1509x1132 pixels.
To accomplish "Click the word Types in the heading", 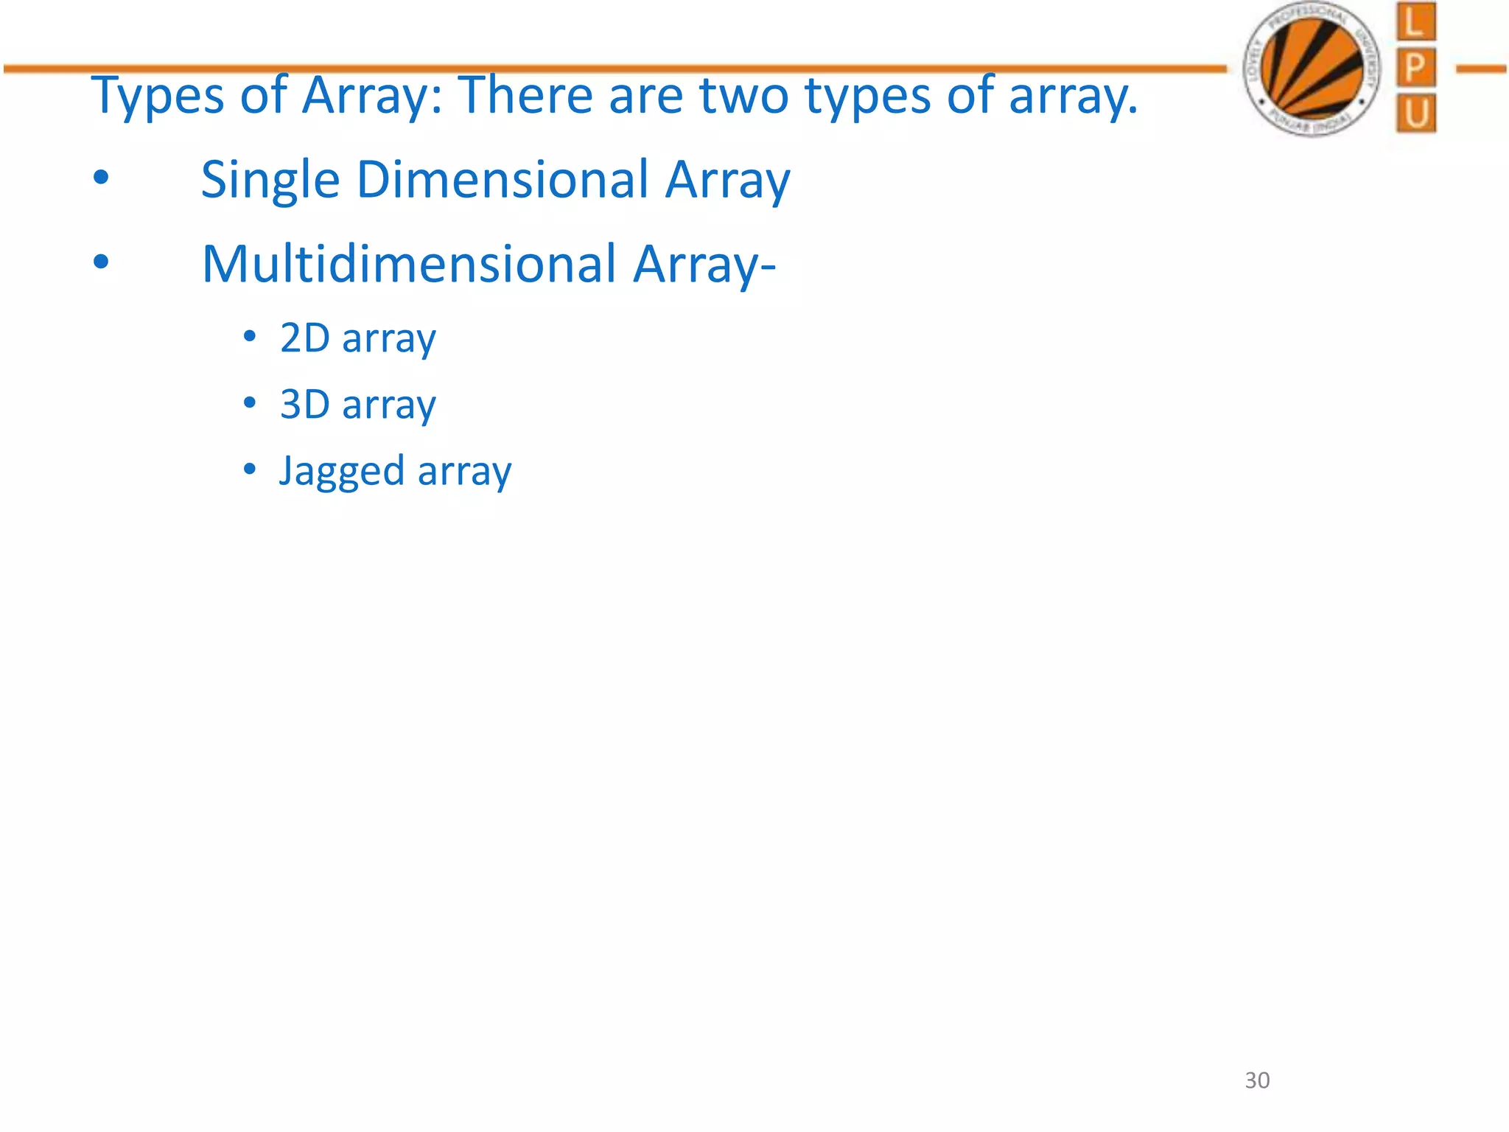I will pos(157,97).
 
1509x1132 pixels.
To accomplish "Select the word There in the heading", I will pos(525,95).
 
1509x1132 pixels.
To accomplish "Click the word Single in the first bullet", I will pos(270,181).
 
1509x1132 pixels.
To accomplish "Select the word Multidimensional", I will pos(409,264).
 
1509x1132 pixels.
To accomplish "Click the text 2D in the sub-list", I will pos(304,338).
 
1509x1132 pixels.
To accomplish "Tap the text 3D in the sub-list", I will pos(304,405).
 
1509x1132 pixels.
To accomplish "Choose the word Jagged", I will pos(341,472).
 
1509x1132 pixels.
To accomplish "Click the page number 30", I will pos(1257,1080).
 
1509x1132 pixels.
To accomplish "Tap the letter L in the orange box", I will pos(1415,23).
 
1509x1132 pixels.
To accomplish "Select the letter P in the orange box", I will pos(1415,69).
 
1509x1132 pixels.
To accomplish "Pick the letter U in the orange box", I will pos(1415,114).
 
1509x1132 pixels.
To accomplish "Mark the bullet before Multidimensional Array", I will pos(101,261).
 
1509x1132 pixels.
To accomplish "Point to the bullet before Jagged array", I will pos(250,469).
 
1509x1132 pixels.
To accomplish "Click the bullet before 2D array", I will pos(250,336).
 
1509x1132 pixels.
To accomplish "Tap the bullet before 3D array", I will pos(250,402).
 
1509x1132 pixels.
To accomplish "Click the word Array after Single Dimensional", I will pos(727,181).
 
